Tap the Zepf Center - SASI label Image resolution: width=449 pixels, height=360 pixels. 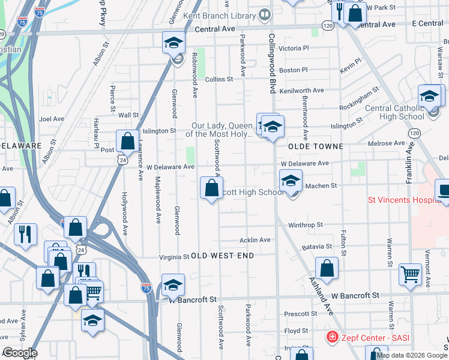point(373,338)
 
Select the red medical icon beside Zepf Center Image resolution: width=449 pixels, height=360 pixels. point(331,338)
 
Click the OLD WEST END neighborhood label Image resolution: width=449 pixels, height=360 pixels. point(222,256)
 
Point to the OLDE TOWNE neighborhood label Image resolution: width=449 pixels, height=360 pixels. point(316,146)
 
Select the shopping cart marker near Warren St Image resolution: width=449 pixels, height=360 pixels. point(411,274)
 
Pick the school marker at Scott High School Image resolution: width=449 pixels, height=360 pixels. point(291,181)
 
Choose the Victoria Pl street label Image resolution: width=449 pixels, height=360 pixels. point(294,48)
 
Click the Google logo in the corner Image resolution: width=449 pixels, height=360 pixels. point(19,353)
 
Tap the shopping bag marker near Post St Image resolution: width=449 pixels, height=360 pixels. point(128,142)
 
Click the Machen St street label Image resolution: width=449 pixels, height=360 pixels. point(321,186)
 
